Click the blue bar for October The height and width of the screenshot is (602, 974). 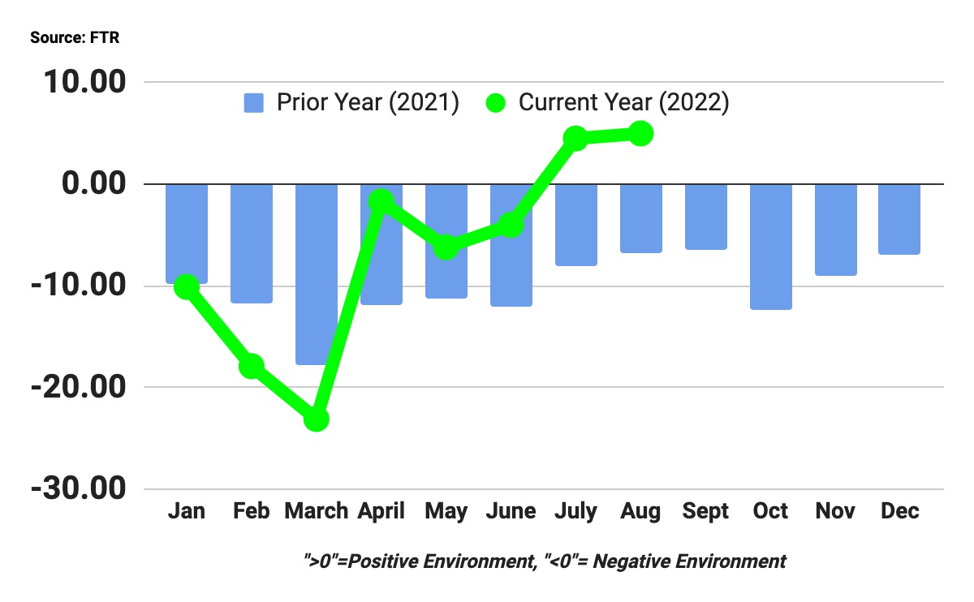(x=770, y=247)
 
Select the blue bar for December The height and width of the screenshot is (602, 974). (x=900, y=219)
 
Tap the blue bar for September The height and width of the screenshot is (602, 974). (x=705, y=217)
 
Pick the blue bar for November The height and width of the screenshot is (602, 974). (x=835, y=230)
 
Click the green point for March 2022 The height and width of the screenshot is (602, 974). (x=316, y=419)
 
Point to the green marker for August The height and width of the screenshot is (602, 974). (x=640, y=133)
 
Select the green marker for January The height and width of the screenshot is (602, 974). (x=187, y=286)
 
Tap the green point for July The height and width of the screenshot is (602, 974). (x=575, y=138)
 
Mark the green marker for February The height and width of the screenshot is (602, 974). (x=252, y=366)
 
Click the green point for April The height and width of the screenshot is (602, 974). (x=381, y=200)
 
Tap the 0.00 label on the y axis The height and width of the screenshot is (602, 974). (x=96, y=184)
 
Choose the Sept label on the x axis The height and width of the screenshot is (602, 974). (x=705, y=511)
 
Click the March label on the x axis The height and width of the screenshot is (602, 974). (x=316, y=511)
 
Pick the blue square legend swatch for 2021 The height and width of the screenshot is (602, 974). (x=254, y=104)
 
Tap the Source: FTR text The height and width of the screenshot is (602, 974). (x=75, y=38)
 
